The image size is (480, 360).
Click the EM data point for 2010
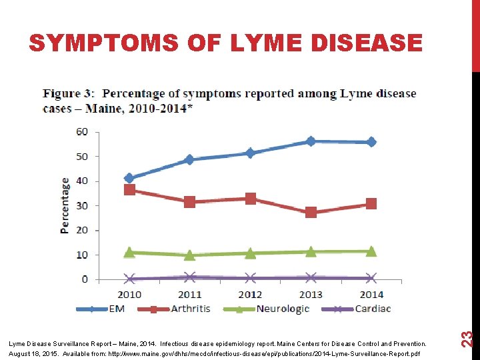click(129, 178)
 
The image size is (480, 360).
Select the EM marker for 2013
click(311, 141)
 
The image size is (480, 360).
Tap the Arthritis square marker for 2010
click(129, 190)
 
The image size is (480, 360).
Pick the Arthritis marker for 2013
click(311, 213)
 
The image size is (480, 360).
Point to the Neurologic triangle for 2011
click(190, 255)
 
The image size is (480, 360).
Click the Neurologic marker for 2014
click(371, 251)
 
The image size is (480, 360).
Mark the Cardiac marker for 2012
click(250, 278)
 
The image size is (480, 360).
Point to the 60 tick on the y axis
click(81, 131)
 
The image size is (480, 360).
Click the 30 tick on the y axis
click(81, 205)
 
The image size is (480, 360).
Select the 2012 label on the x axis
click(250, 294)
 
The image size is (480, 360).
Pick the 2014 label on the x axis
click(371, 294)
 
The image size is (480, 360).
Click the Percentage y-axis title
click(65, 205)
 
